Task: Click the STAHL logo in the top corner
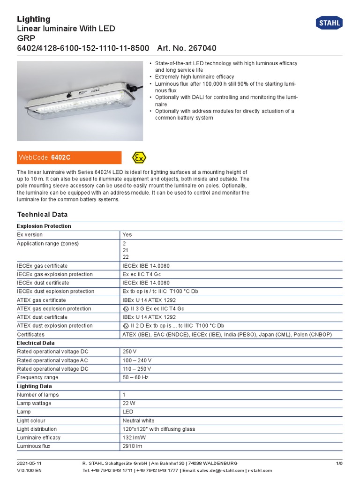(x=330, y=23)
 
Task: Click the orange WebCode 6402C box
(x=69, y=157)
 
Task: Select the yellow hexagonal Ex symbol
(x=139, y=157)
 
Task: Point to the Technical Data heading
(x=42, y=214)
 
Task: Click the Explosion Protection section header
(x=44, y=226)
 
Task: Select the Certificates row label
(x=31, y=335)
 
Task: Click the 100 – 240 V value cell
(x=137, y=360)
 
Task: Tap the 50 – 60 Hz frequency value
(x=135, y=377)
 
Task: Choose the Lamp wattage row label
(x=34, y=403)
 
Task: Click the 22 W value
(x=128, y=403)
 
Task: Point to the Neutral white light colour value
(x=138, y=420)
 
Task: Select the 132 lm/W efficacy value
(x=134, y=437)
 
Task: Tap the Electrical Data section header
(x=36, y=343)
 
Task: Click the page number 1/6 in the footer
(x=339, y=463)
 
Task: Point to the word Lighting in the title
(x=34, y=19)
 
